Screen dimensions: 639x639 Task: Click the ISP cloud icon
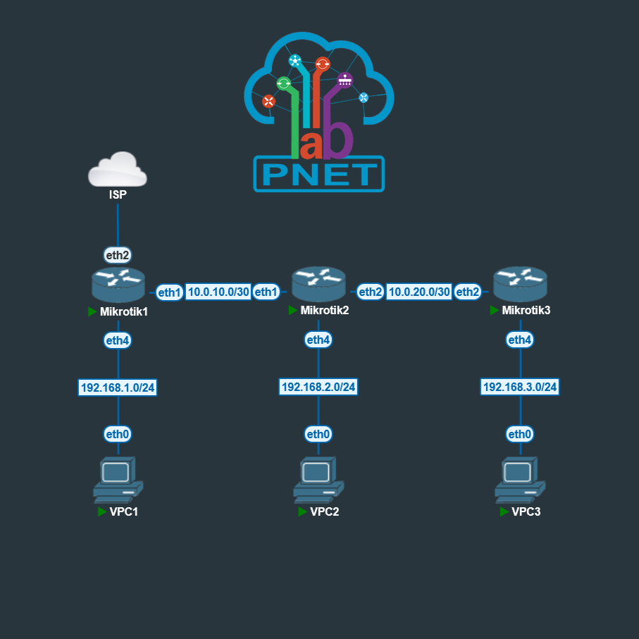[118, 169]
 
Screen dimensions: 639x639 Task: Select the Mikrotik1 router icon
[118, 284]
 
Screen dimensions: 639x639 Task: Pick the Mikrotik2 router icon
[319, 284]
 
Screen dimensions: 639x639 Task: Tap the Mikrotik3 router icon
[520, 284]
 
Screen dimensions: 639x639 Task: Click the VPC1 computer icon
[118, 478]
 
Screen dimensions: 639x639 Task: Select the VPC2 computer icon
[318, 478]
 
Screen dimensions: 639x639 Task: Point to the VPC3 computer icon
[520, 478]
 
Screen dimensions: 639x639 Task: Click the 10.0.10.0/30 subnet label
[218, 292]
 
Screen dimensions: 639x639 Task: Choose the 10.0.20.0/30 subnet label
[419, 292]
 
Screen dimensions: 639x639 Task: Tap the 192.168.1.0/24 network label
[118, 387]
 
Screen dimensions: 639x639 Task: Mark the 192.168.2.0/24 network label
[318, 387]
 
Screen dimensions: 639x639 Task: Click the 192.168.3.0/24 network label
[520, 387]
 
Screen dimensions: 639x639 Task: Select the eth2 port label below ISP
[118, 255]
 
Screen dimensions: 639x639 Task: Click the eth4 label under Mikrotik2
[318, 340]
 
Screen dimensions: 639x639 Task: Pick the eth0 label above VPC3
[520, 434]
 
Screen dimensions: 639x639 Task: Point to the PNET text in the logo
[319, 174]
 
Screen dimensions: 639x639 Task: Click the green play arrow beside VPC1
[101, 511]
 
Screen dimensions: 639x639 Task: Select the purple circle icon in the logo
[344, 80]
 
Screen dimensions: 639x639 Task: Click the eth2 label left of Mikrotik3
[468, 292]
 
